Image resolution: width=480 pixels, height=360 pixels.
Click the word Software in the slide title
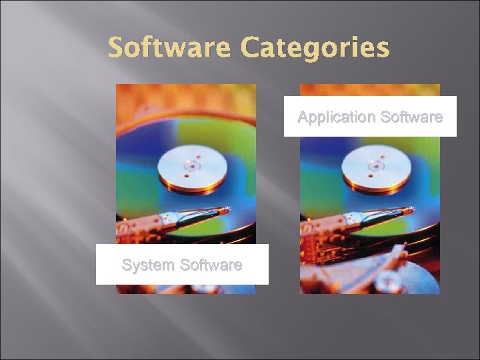click(169, 48)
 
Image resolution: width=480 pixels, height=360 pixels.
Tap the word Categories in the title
click(315, 48)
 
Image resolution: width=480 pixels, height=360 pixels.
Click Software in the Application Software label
click(411, 117)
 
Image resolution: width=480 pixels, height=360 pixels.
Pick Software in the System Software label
click(211, 265)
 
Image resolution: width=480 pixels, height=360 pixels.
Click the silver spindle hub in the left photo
click(192, 164)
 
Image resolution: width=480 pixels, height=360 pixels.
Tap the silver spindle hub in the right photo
click(376, 164)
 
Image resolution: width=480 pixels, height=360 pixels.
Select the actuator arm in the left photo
click(193, 217)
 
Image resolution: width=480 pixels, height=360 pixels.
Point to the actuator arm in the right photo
click(377, 217)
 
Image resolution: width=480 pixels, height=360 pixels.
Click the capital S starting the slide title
click(117, 48)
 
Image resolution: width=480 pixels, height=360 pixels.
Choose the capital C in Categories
click(251, 48)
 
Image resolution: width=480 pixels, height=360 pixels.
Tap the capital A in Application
click(303, 117)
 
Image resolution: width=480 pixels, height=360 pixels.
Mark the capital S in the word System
click(127, 265)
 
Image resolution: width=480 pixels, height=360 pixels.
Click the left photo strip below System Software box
click(185, 289)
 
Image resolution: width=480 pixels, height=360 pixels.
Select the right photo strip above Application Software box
click(369, 89)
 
